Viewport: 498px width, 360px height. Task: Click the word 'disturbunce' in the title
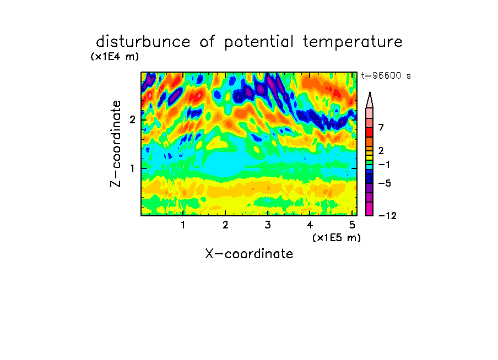pos(143,42)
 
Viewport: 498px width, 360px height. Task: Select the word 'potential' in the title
pos(259,42)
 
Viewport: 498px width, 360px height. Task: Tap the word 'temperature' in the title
pos(353,42)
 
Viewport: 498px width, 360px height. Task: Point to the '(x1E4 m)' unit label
pos(115,57)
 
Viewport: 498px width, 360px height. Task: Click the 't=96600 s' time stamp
pos(386,76)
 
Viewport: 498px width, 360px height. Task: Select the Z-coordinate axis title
pos(116,144)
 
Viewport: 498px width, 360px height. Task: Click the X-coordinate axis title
pos(249,254)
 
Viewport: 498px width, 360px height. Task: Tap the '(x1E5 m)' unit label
pos(337,238)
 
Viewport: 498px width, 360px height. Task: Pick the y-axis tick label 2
pos(132,120)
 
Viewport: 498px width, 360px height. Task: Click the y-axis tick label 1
pos(132,168)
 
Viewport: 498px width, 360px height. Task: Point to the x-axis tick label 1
pos(183,225)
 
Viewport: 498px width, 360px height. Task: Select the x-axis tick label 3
pos(268,225)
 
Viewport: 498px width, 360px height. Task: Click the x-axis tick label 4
pos(310,225)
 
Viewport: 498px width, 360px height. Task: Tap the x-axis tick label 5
pos(352,225)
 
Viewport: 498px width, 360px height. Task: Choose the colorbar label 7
pos(381,128)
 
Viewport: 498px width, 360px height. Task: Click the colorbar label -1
pos(385,165)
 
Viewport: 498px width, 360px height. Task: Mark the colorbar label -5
pos(385,183)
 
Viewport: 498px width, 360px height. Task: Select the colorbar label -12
pos(387,216)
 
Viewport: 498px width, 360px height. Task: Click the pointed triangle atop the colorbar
pos(370,101)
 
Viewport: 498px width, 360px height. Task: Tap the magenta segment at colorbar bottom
pos(370,209)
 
